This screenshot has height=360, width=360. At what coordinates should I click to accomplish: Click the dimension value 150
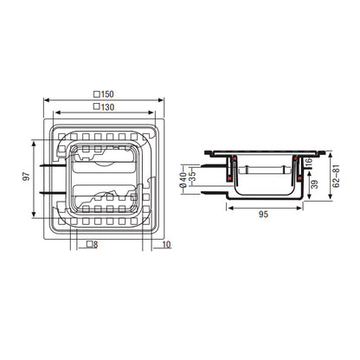107,94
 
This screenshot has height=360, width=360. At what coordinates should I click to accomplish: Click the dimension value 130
107,107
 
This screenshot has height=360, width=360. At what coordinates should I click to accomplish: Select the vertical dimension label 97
26,177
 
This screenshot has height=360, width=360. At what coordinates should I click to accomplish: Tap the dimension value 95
263,215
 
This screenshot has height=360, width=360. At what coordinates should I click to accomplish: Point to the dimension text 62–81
336,176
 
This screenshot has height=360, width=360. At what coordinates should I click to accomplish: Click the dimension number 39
315,184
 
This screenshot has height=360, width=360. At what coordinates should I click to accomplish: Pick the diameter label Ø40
183,180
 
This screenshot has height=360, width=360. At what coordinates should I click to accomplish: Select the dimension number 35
192,177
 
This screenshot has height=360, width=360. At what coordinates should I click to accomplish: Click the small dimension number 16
308,162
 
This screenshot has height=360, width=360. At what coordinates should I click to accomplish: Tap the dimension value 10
166,245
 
